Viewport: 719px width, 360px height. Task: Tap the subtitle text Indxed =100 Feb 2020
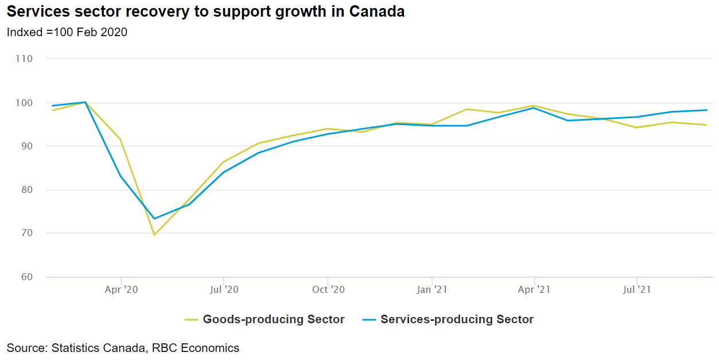coord(67,32)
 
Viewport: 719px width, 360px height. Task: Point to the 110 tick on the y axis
coord(25,59)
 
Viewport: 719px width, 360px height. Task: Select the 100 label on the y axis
coord(25,103)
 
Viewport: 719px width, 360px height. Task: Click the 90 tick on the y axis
coord(27,146)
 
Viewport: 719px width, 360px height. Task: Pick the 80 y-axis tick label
coord(27,190)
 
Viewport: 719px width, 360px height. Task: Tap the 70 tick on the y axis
coord(27,234)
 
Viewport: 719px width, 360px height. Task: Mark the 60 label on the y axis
coord(27,277)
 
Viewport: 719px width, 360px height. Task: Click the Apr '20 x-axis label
coord(121,289)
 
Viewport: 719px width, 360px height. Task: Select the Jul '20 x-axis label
coord(224,289)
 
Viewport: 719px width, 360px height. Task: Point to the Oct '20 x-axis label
coord(328,289)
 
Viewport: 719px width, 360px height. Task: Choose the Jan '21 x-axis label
coord(432,289)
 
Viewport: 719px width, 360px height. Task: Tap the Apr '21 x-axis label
coord(534,289)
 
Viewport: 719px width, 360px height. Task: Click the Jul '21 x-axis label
coord(636,289)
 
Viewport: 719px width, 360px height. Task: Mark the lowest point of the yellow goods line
coord(154,235)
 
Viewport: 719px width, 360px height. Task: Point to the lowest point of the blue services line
coord(154,219)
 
